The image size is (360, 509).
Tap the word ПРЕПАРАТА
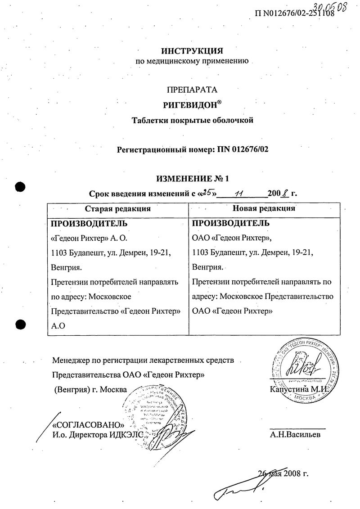(192, 90)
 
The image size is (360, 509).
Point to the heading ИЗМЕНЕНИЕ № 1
(192, 179)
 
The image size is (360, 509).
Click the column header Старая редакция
(118, 208)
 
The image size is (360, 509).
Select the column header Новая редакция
(264, 208)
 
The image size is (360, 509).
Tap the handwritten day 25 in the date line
(208, 194)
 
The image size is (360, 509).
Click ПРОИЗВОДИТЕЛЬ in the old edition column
(89, 223)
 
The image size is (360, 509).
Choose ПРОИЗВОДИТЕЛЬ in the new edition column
(231, 223)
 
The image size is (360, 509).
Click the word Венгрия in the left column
(66, 267)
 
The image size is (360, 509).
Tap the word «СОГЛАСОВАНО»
(88, 425)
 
